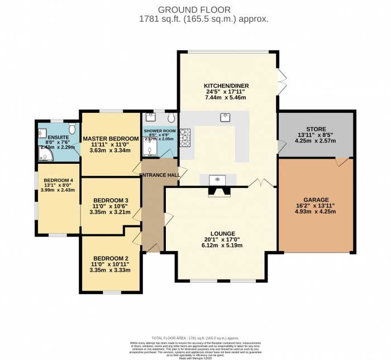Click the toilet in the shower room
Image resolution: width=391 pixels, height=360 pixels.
click(x=170, y=117)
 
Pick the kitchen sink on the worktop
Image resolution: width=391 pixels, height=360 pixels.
click(x=226, y=117)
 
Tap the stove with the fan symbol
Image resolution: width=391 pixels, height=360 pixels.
click(x=218, y=180)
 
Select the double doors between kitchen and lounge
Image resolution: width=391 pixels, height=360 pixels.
click(x=258, y=183)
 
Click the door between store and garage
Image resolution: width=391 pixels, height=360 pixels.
click(x=340, y=162)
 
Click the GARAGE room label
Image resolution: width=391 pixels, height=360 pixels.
click(x=316, y=200)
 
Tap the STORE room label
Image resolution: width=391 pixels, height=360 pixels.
click(x=316, y=129)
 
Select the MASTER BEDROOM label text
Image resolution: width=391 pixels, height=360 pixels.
click(x=110, y=139)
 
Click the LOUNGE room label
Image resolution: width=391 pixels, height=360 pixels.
click(x=222, y=233)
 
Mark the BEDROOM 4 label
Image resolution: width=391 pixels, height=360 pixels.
click(x=59, y=180)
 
